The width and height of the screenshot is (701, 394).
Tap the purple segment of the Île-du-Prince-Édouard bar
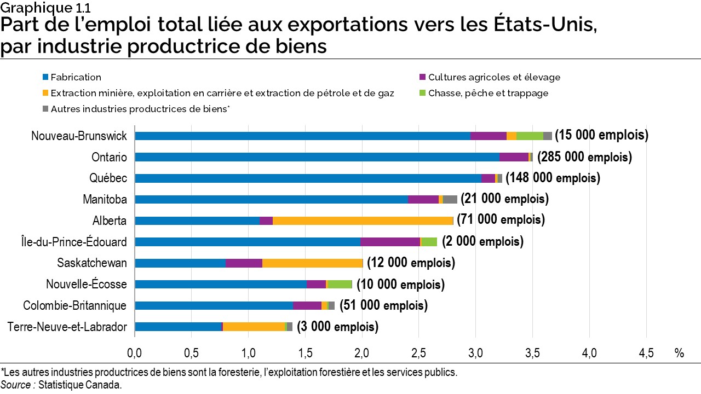(x=390, y=242)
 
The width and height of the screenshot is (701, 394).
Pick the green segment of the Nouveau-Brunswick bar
(x=530, y=136)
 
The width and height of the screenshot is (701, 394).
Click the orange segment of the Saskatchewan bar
(x=312, y=263)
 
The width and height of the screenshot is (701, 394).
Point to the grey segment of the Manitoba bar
(x=450, y=200)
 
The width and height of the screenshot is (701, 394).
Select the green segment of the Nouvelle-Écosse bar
(x=340, y=284)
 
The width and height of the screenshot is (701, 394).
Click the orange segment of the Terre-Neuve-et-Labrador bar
(x=254, y=327)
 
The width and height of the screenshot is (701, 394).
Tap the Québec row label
(x=108, y=178)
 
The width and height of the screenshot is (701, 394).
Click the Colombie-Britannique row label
(x=74, y=305)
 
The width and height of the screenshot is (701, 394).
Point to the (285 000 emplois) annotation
(x=584, y=157)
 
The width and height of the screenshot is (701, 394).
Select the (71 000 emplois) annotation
(x=501, y=220)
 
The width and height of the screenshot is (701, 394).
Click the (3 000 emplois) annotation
(x=337, y=327)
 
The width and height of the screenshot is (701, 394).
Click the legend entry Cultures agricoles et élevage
(x=494, y=77)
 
